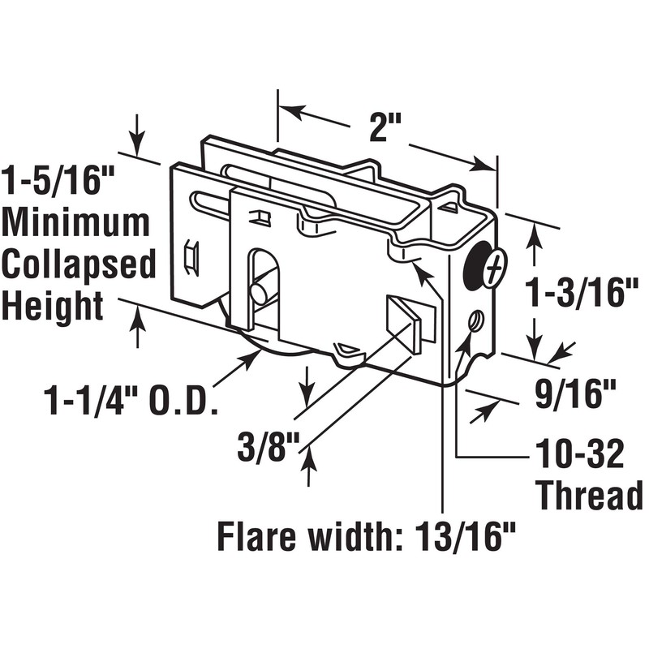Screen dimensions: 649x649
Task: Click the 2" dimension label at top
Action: click(x=386, y=127)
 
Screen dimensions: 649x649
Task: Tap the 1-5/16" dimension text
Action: click(x=58, y=180)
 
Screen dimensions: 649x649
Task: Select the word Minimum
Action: click(x=77, y=223)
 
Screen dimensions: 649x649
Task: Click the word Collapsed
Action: click(x=79, y=265)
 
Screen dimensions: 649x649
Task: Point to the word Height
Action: click(x=53, y=307)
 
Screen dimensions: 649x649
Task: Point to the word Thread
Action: click(x=589, y=495)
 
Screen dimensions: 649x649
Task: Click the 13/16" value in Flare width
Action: click(x=468, y=537)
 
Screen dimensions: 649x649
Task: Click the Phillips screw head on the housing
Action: click(x=494, y=269)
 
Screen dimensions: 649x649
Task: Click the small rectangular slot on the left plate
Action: click(x=192, y=257)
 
